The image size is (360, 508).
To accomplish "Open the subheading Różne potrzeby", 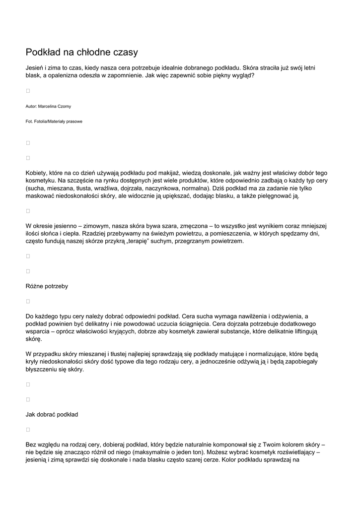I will (47, 286).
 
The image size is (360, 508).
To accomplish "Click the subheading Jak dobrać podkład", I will (52, 414).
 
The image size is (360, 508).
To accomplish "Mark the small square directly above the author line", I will (28, 91).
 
